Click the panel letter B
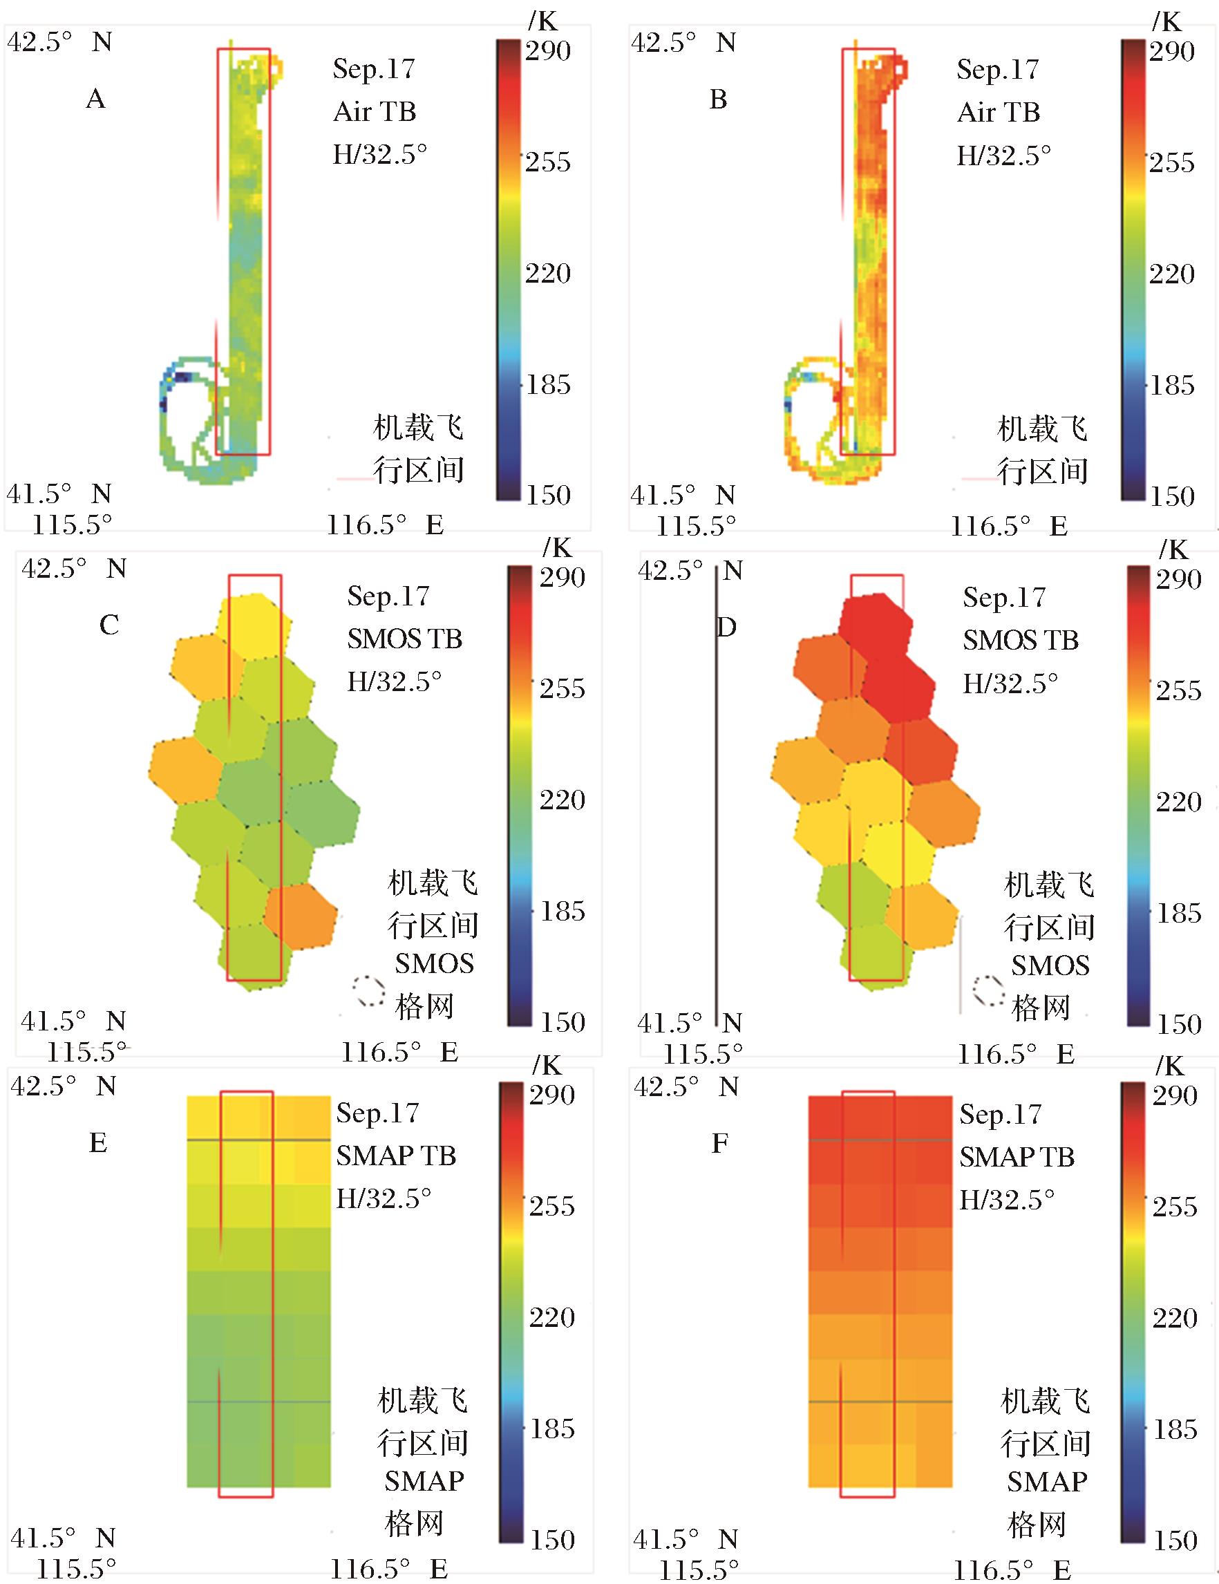click(x=718, y=100)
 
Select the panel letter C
click(x=108, y=625)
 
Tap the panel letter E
click(x=98, y=1143)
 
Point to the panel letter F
click(x=719, y=1144)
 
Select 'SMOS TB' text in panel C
click(x=404, y=639)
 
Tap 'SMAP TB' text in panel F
click(x=1016, y=1157)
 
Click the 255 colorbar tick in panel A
click(x=547, y=162)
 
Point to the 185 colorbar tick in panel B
click(x=1171, y=385)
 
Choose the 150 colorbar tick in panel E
click(x=552, y=1540)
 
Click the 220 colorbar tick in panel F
click(x=1175, y=1318)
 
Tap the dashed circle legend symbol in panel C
click(x=369, y=990)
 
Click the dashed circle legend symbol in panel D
click(x=988, y=991)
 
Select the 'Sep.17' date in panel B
click(x=997, y=70)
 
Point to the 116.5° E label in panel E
click(x=388, y=1569)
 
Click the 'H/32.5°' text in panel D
click(x=1010, y=683)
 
